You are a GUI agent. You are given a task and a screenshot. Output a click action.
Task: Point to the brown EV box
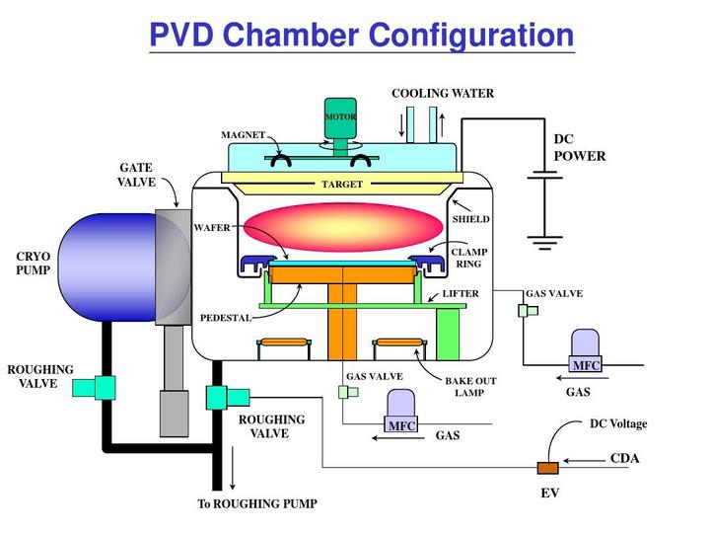pyautogui.click(x=546, y=467)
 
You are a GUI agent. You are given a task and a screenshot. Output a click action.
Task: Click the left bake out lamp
pyautogui.click(x=281, y=344)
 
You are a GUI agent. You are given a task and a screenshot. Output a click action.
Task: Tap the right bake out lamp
pyautogui.click(x=399, y=344)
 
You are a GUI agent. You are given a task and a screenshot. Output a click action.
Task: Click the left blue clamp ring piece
pyautogui.click(x=257, y=263)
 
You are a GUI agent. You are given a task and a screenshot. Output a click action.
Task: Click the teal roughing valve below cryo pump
pyautogui.click(x=98, y=387)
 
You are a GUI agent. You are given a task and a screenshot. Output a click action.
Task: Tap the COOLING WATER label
pyautogui.click(x=443, y=94)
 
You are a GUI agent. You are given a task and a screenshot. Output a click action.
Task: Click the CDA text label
pyautogui.click(x=625, y=459)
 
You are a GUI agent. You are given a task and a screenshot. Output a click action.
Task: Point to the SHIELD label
pyautogui.click(x=470, y=218)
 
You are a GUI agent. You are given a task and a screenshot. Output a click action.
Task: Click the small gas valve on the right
pyautogui.click(x=527, y=310)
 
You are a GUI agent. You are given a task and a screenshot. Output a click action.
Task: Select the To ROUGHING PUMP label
pyautogui.click(x=257, y=504)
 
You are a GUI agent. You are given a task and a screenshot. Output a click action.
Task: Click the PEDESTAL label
pyautogui.click(x=226, y=318)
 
